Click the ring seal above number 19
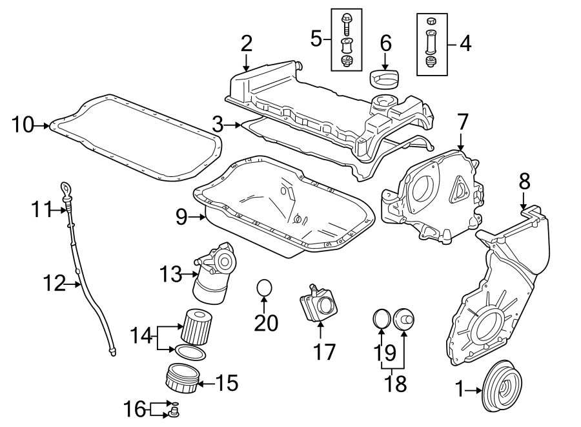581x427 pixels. coord(382,318)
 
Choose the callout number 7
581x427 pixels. coord(462,122)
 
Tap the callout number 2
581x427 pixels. coord(246,44)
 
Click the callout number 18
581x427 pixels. coord(396,383)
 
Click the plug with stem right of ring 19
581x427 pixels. coord(404,318)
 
